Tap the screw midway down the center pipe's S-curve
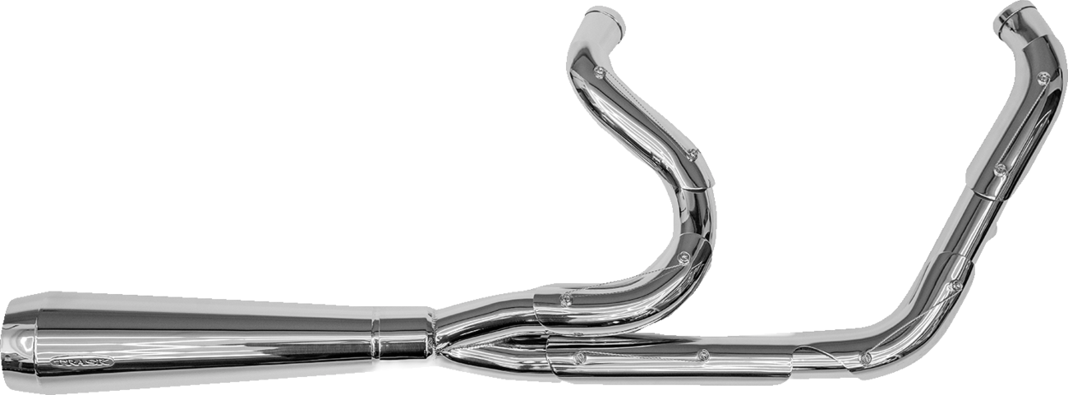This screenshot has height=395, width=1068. [692, 152]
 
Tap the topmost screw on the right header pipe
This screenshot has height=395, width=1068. [1043, 79]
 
